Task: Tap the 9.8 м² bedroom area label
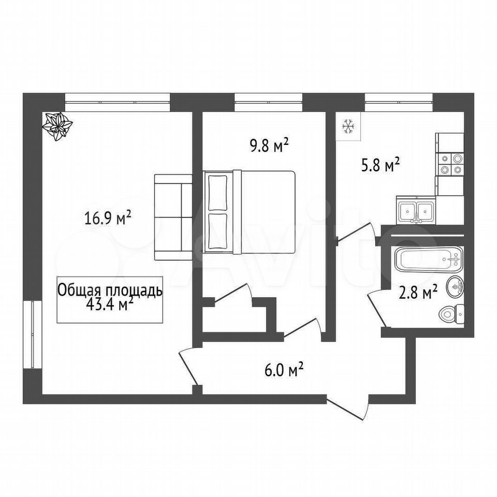[269, 146]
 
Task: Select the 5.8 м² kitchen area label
[379, 166]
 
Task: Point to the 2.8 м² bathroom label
[418, 293]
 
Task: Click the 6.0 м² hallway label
[284, 370]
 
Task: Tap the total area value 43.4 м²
[109, 305]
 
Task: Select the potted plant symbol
[57, 126]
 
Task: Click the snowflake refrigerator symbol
[348, 127]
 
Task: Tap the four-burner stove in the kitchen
[450, 164]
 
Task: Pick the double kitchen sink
[416, 210]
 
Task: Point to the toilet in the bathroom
[451, 314]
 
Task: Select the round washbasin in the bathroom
[456, 286]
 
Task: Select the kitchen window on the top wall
[399, 102]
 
